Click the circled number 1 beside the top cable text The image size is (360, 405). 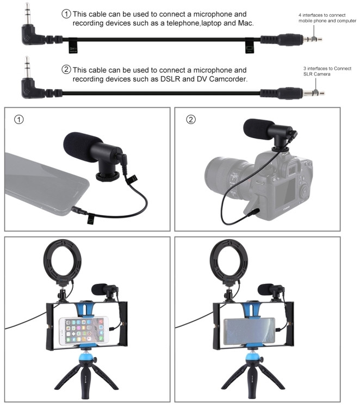click(66, 13)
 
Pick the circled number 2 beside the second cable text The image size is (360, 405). click(66, 70)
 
